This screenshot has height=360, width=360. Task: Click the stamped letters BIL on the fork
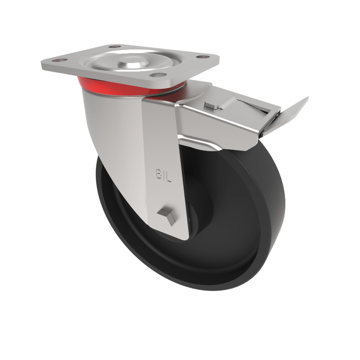(163, 173)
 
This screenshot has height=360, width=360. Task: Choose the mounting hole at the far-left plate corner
(57, 60)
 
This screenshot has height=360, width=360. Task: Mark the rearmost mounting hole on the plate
(114, 46)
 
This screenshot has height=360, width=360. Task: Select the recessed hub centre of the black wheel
(198, 211)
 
